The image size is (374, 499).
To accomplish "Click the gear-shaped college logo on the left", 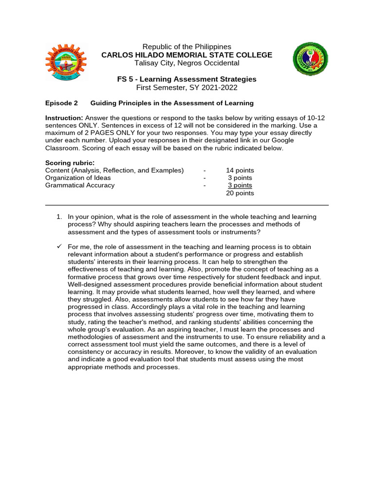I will point(65,63).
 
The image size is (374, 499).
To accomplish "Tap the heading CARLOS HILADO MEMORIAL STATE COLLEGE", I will point(187,55).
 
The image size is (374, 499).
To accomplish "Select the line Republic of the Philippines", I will point(187,47).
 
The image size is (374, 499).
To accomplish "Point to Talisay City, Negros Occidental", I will point(187,63).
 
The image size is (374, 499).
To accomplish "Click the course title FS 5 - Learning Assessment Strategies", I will point(187,79).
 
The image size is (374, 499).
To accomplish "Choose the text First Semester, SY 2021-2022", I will point(187,87).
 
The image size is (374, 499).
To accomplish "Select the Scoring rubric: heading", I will point(70,163).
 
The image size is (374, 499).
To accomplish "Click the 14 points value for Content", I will point(240,171).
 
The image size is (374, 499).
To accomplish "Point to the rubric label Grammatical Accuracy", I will point(80,185).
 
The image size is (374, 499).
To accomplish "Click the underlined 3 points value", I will point(240,185).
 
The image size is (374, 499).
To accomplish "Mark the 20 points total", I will point(240,193).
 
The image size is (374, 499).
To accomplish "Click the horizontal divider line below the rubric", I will point(187,205).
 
